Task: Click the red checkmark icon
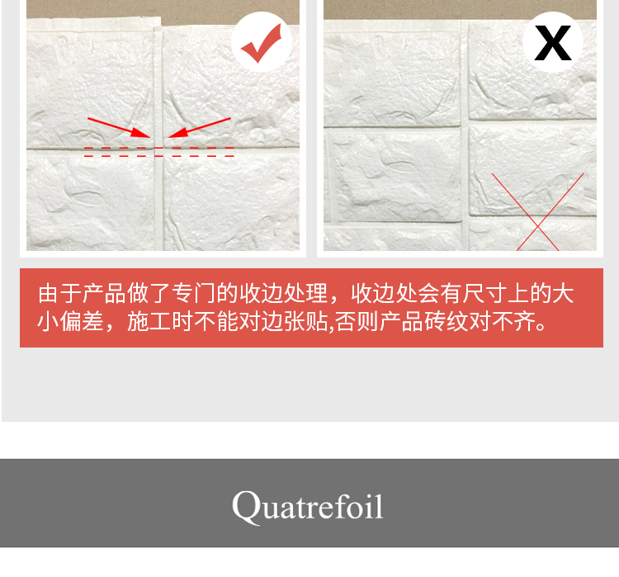[x=261, y=45]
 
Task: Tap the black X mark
[x=553, y=43]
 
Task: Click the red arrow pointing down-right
[x=119, y=128]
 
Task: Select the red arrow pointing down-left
[x=199, y=127]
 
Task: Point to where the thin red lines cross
[x=537, y=226]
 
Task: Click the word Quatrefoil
[x=308, y=506]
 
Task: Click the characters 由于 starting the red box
[x=59, y=293]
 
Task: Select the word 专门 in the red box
[x=194, y=293]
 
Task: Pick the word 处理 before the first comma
[x=305, y=293]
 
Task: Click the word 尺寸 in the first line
[x=484, y=293]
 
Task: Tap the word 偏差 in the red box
[x=82, y=322]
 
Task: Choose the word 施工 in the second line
[x=149, y=322]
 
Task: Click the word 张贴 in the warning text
[x=305, y=322]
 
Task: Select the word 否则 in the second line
[x=357, y=322]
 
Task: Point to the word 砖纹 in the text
[x=447, y=322]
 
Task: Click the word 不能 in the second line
[x=216, y=322]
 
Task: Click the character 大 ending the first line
[x=563, y=293]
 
